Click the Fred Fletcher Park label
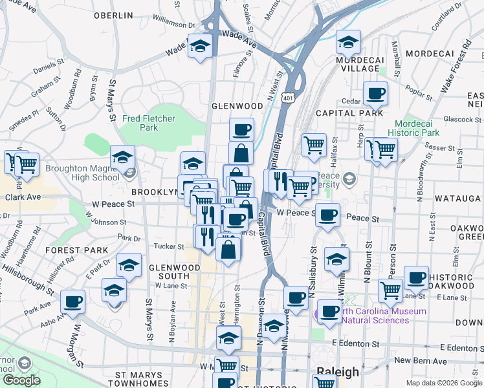[x=148, y=123]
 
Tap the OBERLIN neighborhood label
[x=113, y=15]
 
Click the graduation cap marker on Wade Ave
[x=201, y=46]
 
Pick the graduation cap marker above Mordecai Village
[x=349, y=42]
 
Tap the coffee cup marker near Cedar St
[x=375, y=94]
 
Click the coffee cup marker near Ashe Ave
[x=73, y=301]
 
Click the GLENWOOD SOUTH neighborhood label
[x=169, y=272]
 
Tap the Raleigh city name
[x=337, y=372]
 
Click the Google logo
[x=21, y=380]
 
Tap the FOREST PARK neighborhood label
[x=76, y=250]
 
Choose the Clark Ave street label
[x=25, y=197]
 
